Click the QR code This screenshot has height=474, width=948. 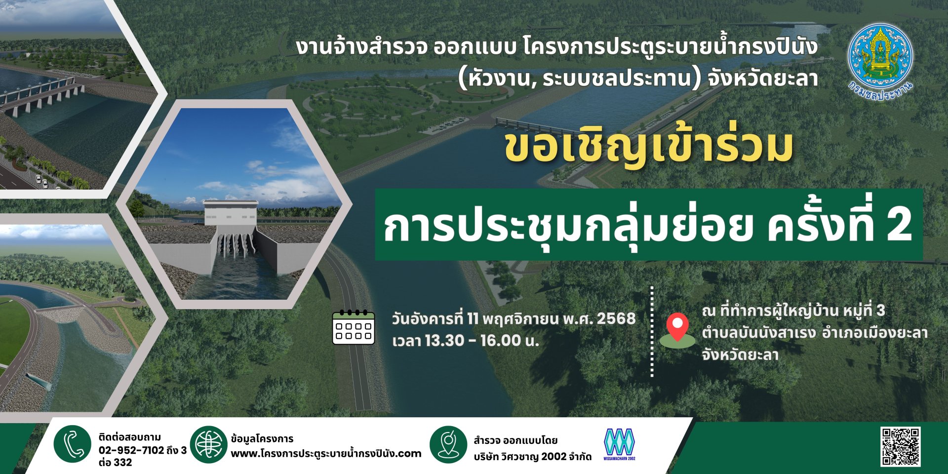tap(901, 446)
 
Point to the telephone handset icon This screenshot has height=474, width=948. tap(73, 444)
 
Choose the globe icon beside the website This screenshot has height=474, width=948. tap(208, 444)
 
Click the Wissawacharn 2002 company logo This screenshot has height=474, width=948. tap(620, 444)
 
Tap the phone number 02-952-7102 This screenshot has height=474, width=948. tap(131, 450)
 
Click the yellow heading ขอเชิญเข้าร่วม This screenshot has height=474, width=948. tap(648, 147)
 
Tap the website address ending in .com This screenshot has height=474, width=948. tap(326, 453)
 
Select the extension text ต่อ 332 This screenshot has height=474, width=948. tap(115, 463)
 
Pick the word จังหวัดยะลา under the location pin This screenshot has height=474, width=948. tap(740, 355)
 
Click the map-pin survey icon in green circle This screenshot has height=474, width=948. tap(448, 444)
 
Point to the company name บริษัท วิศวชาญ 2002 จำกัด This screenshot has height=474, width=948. tap(532, 457)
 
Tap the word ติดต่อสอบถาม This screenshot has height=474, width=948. tap(129, 437)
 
